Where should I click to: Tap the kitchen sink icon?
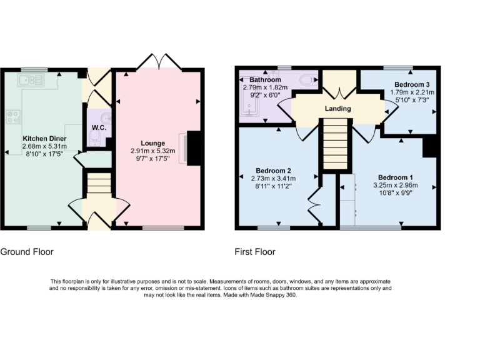(31, 79)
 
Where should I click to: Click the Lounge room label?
(152, 142)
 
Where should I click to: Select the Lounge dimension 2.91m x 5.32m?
(153, 151)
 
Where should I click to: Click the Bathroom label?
(265, 80)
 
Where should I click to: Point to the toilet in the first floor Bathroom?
(307, 80)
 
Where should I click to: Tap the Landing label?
(337, 108)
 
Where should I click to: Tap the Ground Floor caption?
(27, 252)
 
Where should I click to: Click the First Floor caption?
(255, 252)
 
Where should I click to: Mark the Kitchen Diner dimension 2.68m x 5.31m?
(44, 146)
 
